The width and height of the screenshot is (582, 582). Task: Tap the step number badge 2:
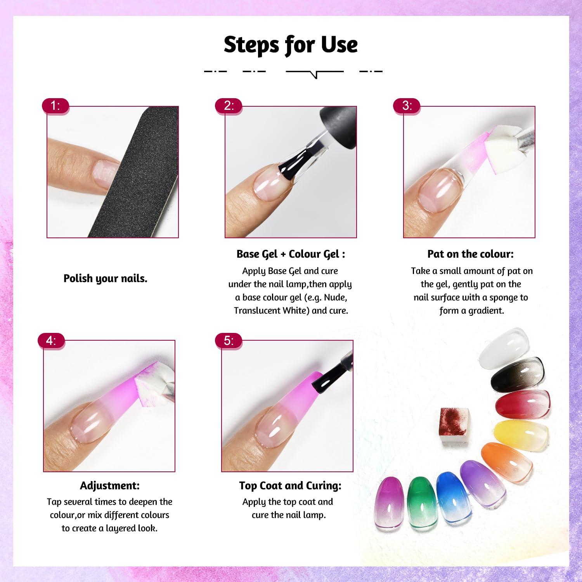click(229, 106)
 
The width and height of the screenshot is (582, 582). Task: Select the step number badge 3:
click(407, 106)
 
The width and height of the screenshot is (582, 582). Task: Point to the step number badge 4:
click(52, 341)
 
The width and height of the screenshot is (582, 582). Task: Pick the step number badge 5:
click(229, 341)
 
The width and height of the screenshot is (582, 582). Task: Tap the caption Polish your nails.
click(106, 279)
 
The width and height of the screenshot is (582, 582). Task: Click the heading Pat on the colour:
click(471, 254)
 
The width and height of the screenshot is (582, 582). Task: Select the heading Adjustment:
click(110, 485)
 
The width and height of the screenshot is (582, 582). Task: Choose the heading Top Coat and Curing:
click(290, 485)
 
